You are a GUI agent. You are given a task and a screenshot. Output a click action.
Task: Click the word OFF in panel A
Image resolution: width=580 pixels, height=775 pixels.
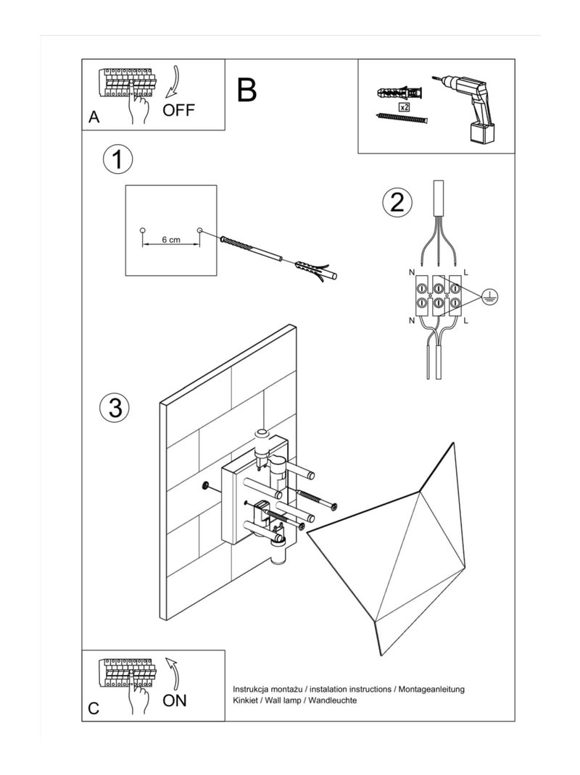click(x=179, y=111)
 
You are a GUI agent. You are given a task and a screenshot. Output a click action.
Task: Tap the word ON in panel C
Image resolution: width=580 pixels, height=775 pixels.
click(x=175, y=700)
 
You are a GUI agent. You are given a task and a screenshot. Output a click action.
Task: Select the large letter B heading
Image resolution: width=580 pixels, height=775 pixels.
click(x=246, y=90)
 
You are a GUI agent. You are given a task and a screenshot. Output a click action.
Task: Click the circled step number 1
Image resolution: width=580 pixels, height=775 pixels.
click(x=117, y=159)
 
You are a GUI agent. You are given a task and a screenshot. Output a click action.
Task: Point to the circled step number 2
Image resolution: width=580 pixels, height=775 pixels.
click(x=397, y=202)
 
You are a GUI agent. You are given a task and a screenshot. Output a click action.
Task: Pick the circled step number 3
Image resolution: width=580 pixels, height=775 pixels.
click(x=115, y=407)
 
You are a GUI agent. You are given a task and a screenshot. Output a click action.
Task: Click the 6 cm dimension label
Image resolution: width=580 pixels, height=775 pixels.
click(x=170, y=239)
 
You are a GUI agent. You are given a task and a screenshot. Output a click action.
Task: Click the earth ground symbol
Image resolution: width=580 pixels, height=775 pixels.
click(x=489, y=296)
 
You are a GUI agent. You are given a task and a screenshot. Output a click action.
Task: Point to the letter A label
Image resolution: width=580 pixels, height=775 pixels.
click(x=94, y=117)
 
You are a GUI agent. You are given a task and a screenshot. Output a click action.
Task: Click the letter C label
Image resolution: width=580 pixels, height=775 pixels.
click(x=94, y=708)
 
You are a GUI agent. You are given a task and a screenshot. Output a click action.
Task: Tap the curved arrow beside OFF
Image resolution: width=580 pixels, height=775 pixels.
click(x=172, y=83)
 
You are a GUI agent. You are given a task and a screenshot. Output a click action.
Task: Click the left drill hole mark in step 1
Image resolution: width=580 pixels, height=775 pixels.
click(x=143, y=230)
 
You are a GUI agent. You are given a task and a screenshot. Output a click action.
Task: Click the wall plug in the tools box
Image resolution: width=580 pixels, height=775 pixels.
click(x=399, y=93)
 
